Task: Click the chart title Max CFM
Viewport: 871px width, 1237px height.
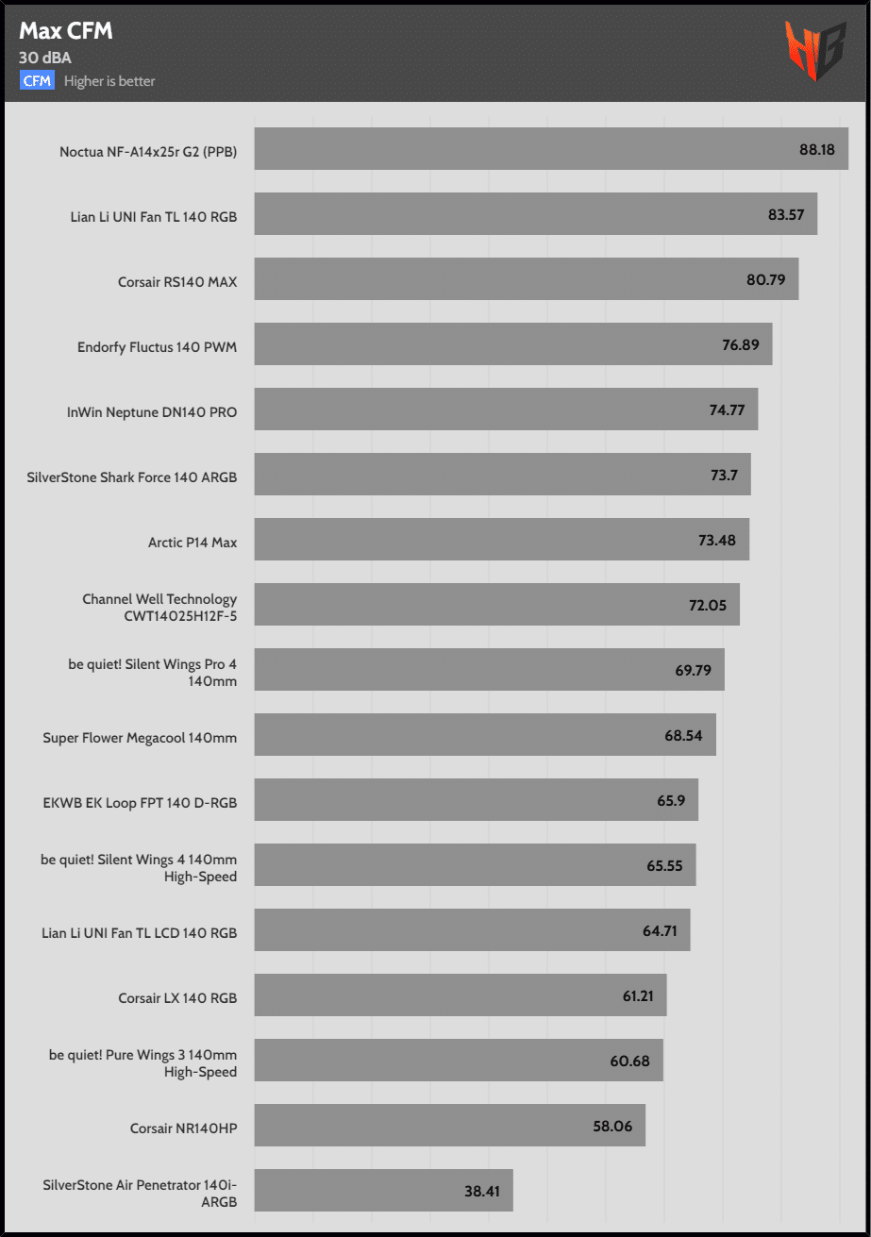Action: [66, 31]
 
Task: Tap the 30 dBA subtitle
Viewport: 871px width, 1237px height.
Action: [44, 59]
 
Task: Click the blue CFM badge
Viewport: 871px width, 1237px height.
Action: [38, 81]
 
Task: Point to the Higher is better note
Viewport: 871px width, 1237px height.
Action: [109, 81]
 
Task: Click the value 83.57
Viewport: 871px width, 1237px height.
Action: [786, 214]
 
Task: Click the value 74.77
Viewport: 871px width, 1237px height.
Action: [727, 410]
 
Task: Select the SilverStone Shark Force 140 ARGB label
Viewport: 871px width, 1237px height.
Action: [132, 477]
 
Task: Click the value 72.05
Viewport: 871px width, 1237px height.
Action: [708, 605]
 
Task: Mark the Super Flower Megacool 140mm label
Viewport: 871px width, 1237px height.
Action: [140, 738]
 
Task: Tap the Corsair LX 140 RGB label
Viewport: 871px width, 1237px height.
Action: [177, 998]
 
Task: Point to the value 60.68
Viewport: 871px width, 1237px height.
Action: [629, 1061]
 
